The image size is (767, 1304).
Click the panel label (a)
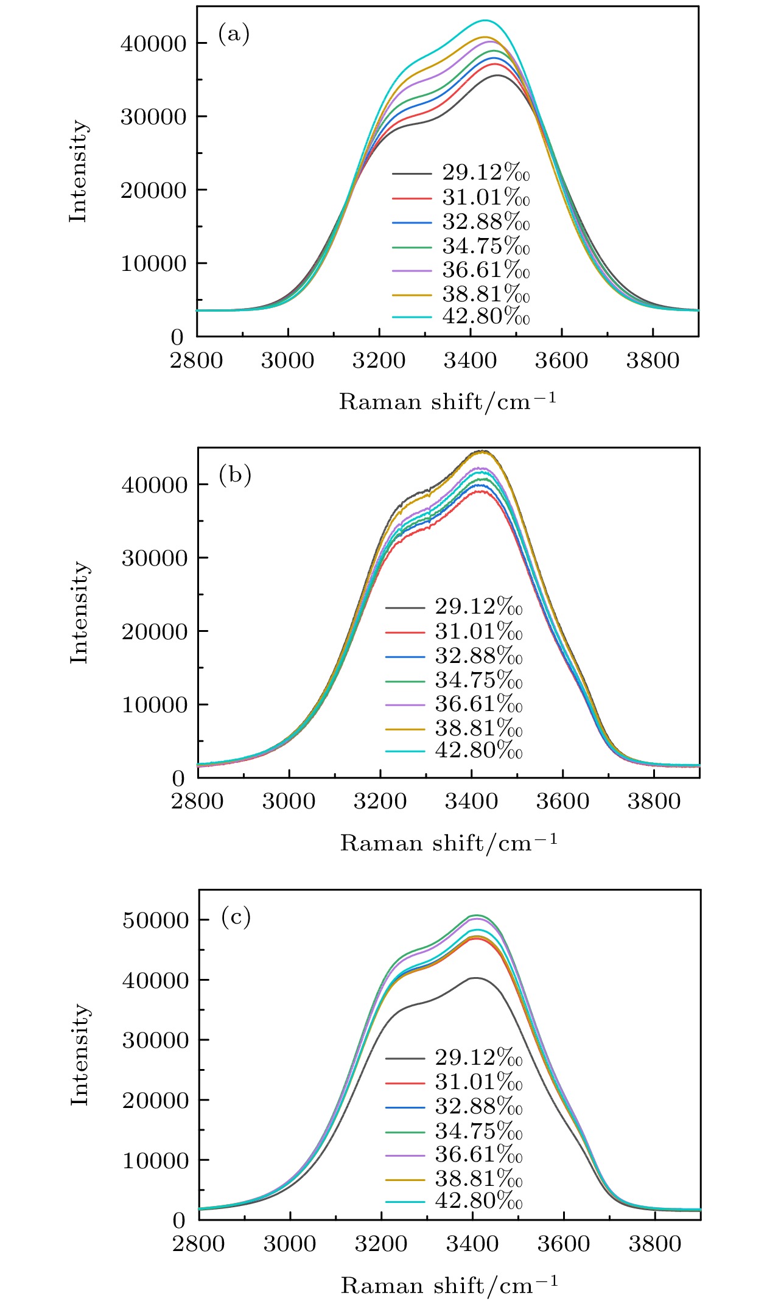tap(234, 35)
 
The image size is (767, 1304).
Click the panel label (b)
tap(235, 475)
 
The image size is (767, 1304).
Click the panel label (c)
tap(236, 917)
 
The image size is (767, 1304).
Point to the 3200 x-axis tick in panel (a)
tap(379, 360)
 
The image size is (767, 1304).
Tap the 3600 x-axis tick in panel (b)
tap(562, 801)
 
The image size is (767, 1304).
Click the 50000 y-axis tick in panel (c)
tap(156, 920)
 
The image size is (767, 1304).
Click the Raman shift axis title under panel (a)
tap(447, 402)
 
